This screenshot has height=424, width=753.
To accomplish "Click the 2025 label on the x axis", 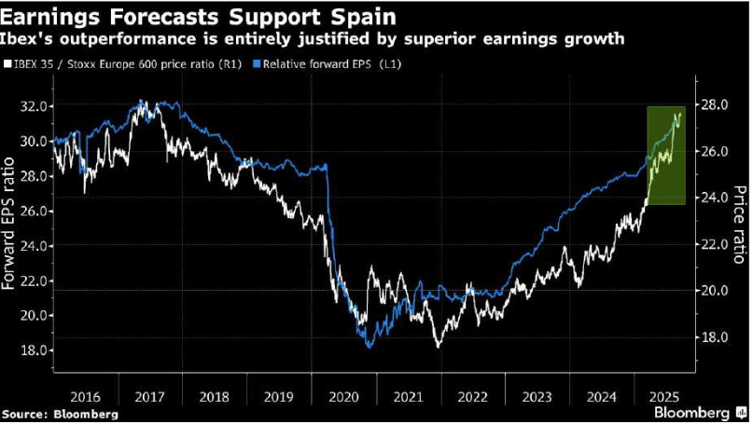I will pyautogui.click(x=665, y=396).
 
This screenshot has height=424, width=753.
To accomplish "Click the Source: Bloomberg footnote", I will pyautogui.click(x=60, y=413).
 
